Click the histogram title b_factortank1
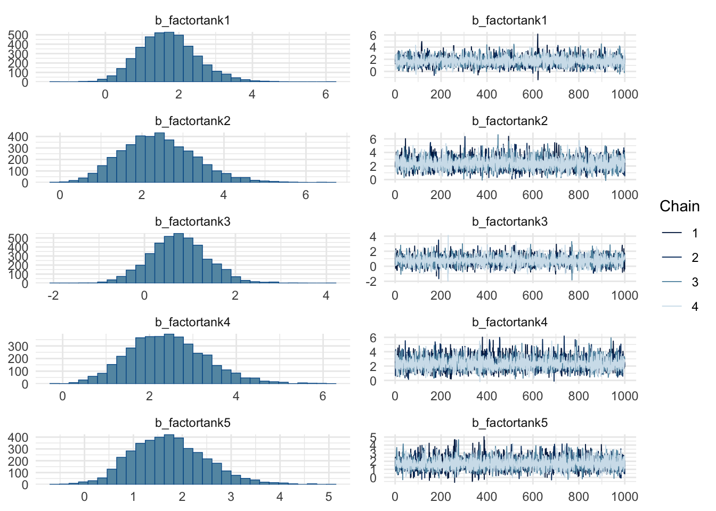click(x=192, y=21)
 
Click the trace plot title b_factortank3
click(x=510, y=222)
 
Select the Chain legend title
click(x=679, y=206)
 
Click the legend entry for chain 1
click(x=695, y=233)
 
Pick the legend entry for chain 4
click(x=695, y=307)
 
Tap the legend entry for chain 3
click(x=695, y=282)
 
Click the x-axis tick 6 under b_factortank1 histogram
click(x=326, y=95)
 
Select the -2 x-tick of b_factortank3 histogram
click(x=53, y=295)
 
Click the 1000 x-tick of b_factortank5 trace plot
click(x=624, y=497)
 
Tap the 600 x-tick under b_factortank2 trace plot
click(x=532, y=195)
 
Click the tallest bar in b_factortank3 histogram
click(x=178, y=258)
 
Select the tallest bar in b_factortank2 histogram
click(x=159, y=158)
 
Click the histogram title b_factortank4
click(x=192, y=323)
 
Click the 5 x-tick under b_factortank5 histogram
click(x=329, y=497)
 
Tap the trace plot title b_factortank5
click(x=510, y=423)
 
